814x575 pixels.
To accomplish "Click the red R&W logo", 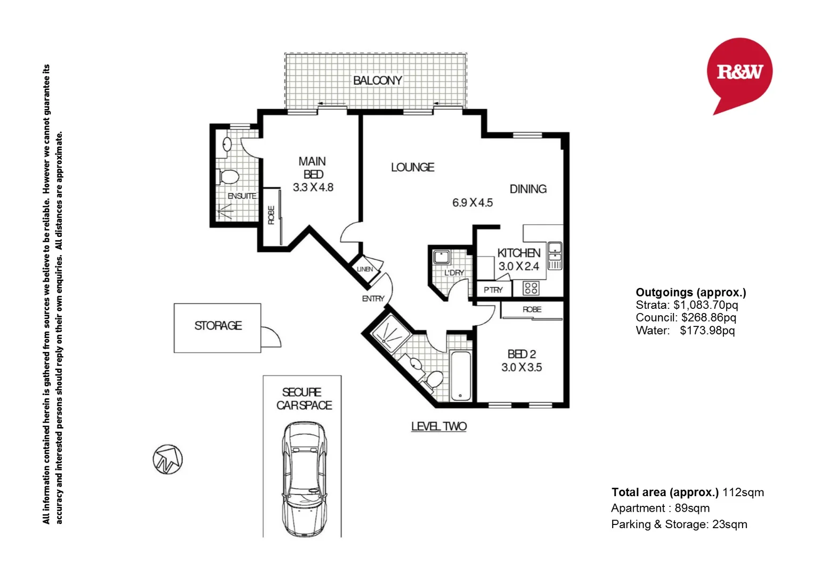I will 739,71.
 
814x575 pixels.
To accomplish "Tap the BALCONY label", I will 377,80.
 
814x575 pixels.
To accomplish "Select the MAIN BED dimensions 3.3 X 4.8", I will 313,187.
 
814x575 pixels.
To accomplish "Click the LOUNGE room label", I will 412,167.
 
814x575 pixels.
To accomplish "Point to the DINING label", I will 528,189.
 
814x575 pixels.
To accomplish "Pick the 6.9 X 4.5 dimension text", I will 472,203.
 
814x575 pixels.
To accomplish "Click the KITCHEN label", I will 518,253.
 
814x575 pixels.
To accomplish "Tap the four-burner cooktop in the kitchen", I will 531,289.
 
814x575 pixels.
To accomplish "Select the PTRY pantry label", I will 493,290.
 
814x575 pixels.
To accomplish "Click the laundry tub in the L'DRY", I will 441,257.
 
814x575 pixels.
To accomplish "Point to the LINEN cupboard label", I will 365,269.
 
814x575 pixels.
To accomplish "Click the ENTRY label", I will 373,299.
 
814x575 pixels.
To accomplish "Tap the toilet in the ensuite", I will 229,177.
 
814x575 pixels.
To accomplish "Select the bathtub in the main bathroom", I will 460,375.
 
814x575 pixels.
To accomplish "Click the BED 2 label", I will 522,354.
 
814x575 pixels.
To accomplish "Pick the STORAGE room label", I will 218,325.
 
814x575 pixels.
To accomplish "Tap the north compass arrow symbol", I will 168,459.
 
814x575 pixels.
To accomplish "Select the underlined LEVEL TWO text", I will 438,426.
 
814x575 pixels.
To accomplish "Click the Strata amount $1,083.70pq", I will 705,305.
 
